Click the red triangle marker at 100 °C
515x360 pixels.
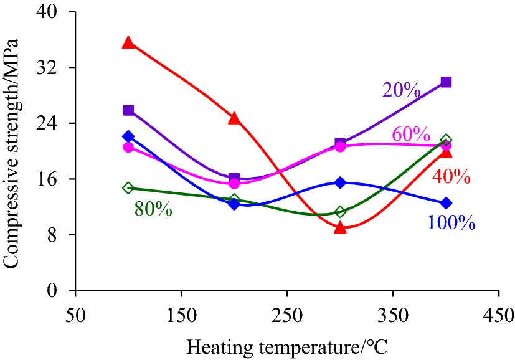[128, 42]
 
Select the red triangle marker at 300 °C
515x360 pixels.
[340, 227]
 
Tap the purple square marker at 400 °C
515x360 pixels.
[446, 82]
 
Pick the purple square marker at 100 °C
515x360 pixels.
[128, 110]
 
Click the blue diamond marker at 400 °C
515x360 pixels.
[446, 203]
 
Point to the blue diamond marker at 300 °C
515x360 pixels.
[340, 182]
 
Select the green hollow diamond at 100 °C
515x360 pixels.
[128, 187]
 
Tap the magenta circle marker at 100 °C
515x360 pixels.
[128, 147]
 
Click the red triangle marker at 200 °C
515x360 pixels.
[234, 118]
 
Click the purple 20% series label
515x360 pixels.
[402, 90]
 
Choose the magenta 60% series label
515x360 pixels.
[410, 134]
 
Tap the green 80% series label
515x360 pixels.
[153, 209]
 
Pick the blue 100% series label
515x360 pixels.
[451, 222]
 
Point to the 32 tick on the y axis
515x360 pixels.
[57, 67]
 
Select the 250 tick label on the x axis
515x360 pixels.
[286, 315]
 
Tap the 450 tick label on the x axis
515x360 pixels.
[498, 315]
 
